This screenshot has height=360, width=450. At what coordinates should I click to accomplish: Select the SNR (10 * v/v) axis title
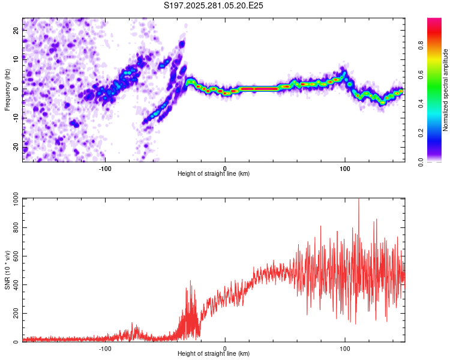tap(7, 270)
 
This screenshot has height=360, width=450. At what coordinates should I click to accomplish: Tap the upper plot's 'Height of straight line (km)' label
tap(214, 173)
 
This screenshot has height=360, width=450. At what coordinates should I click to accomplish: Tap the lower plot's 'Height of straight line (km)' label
tap(214, 354)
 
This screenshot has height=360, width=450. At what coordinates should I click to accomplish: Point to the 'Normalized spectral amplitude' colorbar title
tap(446, 90)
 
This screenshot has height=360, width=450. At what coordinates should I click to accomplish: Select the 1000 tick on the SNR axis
tap(12, 199)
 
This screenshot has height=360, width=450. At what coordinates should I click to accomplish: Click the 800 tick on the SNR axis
tap(14, 228)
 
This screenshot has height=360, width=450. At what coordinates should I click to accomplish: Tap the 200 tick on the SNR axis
tap(14, 314)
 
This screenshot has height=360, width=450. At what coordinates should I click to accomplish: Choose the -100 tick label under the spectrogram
tap(106, 167)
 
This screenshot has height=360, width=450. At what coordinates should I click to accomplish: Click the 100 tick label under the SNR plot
tap(345, 348)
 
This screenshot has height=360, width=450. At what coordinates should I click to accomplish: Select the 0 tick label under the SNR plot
tap(225, 348)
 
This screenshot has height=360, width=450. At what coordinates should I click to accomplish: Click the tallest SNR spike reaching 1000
tap(359, 200)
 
